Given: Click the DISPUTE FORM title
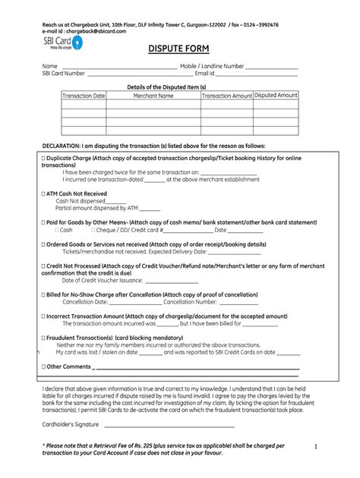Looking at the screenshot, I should point(179,50).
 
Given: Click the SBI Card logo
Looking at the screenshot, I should point(63,43).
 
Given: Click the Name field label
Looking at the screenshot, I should point(49,67).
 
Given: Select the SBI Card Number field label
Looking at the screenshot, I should point(63,74).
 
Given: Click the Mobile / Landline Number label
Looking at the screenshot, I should point(212,67).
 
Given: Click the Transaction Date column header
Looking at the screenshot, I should point(84,96).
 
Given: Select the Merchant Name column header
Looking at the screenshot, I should point(153,96).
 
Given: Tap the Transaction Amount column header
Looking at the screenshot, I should point(226,96).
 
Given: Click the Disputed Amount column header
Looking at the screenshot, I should point(276,96).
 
